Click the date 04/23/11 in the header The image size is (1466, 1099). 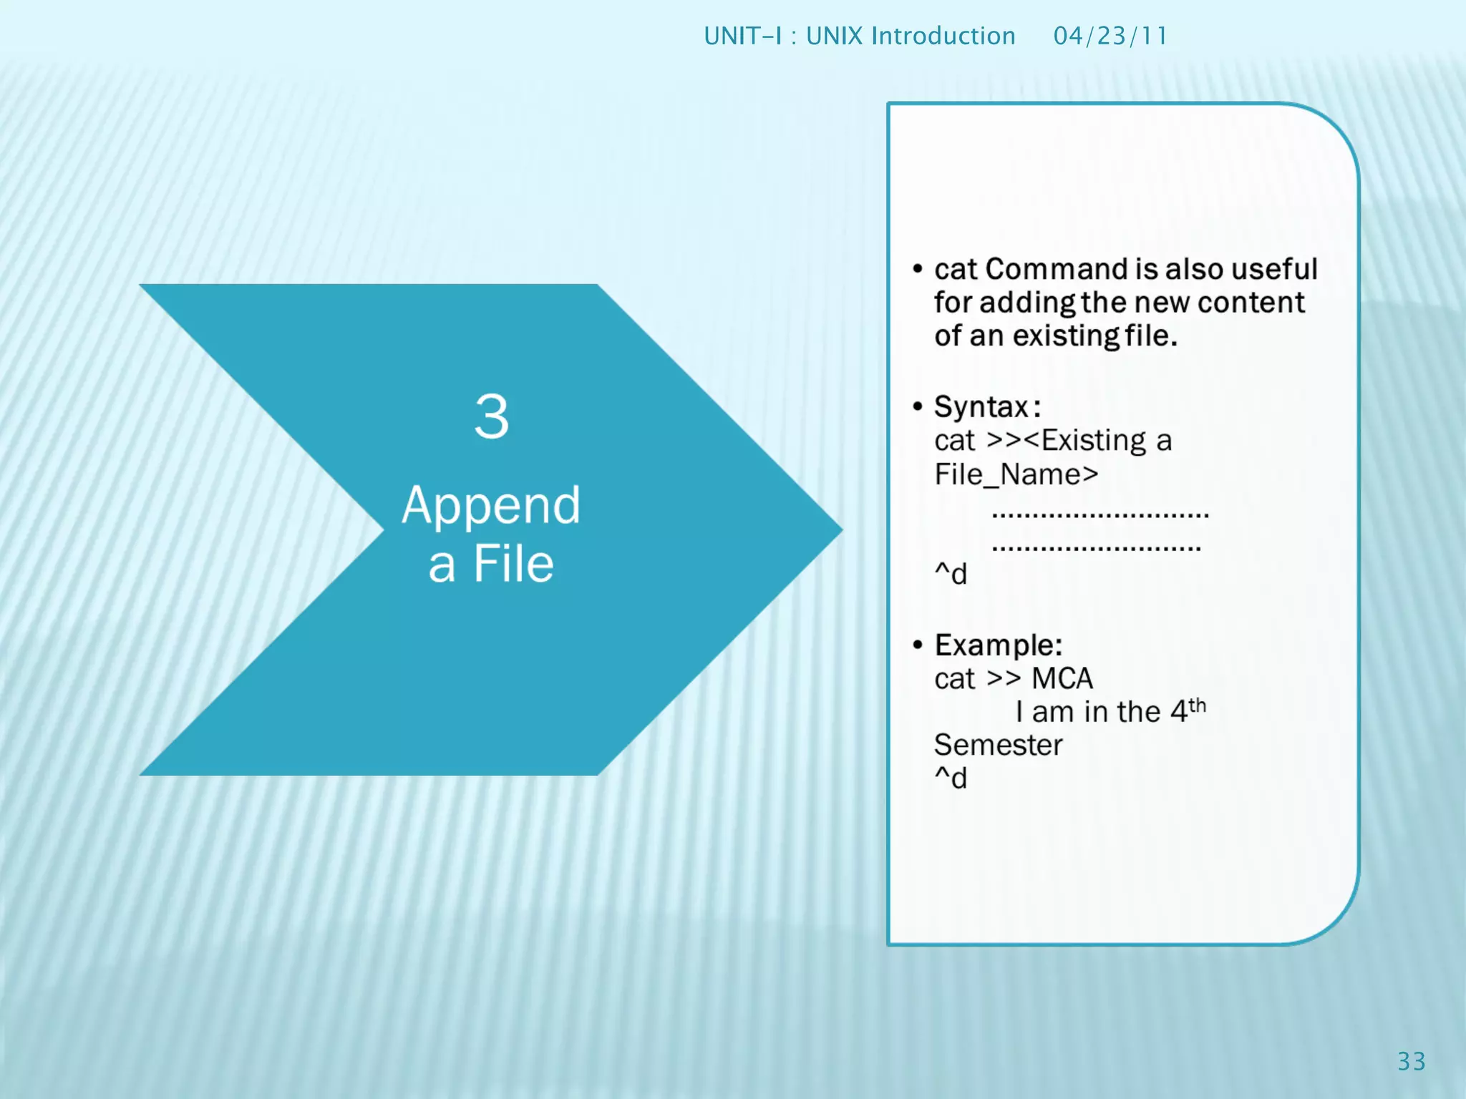tap(1110, 36)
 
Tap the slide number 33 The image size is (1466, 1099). tap(1412, 1061)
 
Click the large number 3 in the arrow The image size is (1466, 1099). tap(491, 416)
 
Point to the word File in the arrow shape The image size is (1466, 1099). tap(513, 565)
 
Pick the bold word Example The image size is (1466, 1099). tap(998, 645)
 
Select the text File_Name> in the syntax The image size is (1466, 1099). tap(1016, 474)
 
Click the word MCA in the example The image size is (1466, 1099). tap(1062, 679)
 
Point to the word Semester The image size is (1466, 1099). tap(998, 746)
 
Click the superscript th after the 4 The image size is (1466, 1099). tap(1198, 706)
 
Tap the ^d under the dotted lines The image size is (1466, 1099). tap(951, 574)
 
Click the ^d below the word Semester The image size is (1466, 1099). tap(951, 778)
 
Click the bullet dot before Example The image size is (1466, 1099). tap(918, 645)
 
